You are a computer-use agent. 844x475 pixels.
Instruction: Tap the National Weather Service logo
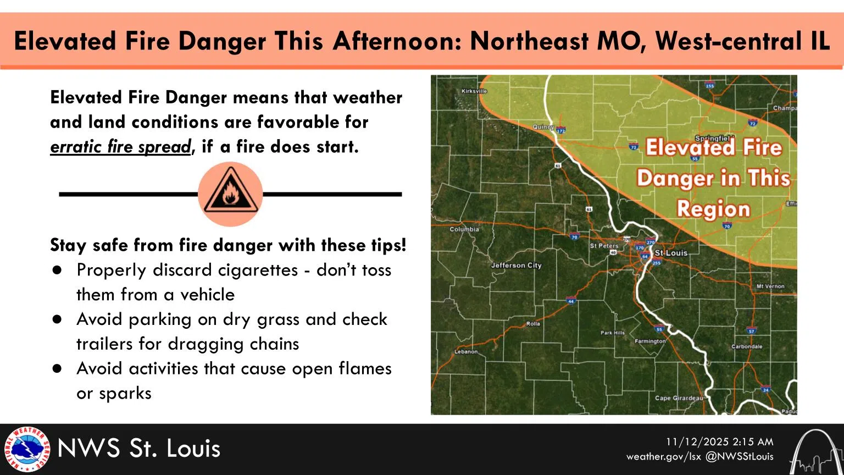(x=26, y=449)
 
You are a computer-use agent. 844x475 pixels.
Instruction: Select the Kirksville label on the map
(x=474, y=91)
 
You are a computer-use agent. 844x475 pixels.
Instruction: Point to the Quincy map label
(x=543, y=127)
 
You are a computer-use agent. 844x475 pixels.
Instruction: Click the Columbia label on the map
(x=464, y=229)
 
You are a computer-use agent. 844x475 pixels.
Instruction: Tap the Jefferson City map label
(x=516, y=265)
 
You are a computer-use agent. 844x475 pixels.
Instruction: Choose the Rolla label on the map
(x=533, y=324)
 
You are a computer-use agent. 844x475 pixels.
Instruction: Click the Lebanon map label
(x=466, y=351)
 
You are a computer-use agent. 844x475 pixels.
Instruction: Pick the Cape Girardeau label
(x=679, y=398)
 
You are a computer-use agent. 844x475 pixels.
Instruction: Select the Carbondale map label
(x=747, y=346)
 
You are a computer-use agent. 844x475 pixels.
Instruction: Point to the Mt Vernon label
(x=770, y=286)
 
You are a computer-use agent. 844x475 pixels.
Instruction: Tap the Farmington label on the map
(x=650, y=341)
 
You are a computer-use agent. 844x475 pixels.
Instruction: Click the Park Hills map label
(x=613, y=333)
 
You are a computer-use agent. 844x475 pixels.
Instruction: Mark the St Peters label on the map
(x=604, y=246)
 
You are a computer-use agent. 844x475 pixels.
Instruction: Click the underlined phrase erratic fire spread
(x=120, y=147)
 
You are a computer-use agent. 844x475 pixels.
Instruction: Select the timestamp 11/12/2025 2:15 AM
(x=719, y=442)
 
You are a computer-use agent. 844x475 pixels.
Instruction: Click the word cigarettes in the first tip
(x=263, y=270)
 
